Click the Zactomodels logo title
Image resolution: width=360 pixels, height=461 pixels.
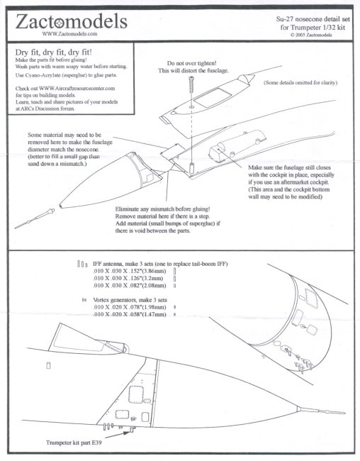pos(71,21)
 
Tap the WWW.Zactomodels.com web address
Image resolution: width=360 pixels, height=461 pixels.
pos(69,34)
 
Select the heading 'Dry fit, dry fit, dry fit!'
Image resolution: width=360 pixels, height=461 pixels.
pos(53,52)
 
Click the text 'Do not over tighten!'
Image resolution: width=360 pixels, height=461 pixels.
pos(191,63)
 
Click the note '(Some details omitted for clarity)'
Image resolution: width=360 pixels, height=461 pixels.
pos(300,82)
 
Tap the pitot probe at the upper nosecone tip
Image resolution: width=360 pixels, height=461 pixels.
pos(35,218)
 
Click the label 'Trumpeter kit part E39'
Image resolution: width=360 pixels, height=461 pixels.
pos(74,442)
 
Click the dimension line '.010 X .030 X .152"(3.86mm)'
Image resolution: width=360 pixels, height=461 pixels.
pos(129,271)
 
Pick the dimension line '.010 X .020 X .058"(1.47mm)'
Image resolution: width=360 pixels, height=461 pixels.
pos(129,314)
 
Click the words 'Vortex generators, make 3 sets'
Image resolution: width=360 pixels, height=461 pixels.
pos(130,300)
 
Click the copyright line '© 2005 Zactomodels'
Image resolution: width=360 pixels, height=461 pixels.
pos(311,35)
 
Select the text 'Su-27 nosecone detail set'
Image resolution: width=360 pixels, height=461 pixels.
pos(313,19)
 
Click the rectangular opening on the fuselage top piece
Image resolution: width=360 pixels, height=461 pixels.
pos(212,98)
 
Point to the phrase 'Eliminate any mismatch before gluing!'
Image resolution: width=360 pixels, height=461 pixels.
pos(162,209)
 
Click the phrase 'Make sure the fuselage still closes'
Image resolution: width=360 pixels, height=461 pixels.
pos(289,167)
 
